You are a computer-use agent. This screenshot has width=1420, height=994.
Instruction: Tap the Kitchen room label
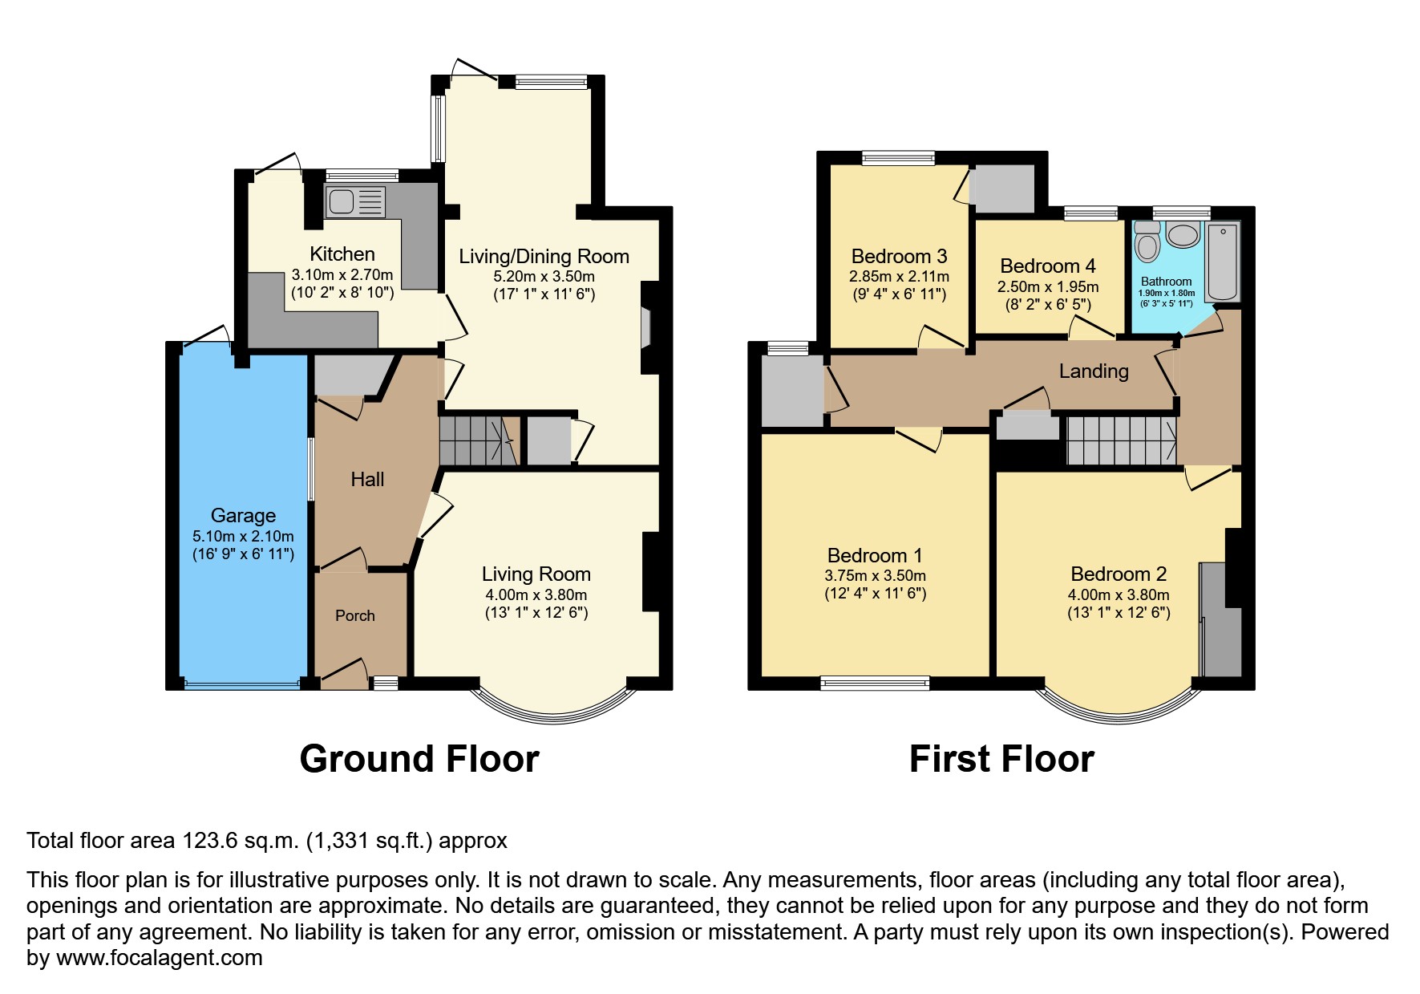pos(342,254)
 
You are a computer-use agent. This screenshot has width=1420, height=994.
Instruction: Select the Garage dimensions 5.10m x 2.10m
pos(243,536)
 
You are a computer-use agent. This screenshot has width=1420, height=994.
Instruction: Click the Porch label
pos(354,615)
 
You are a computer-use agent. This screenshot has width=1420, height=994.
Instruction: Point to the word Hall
pos(367,479)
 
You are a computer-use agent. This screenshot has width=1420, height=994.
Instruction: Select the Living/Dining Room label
pos(544,257)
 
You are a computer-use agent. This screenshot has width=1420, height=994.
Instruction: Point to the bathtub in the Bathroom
pos(1222,262)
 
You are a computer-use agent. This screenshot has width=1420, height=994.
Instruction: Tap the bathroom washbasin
pos(1182,235)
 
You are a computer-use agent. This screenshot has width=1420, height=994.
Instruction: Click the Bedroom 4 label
pos(1047,266)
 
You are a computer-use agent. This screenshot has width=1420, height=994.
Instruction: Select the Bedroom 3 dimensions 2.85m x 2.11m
pos(899,277)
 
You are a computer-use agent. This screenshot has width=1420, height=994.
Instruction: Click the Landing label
pos(1093,371)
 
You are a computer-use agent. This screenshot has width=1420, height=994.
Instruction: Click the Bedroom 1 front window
pos(875,684)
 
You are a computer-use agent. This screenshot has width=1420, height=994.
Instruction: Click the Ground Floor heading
pos(419,759)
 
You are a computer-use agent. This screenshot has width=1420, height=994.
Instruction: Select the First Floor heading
pos(1001,759)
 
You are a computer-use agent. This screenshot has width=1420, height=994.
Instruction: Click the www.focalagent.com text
pos(159,958)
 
